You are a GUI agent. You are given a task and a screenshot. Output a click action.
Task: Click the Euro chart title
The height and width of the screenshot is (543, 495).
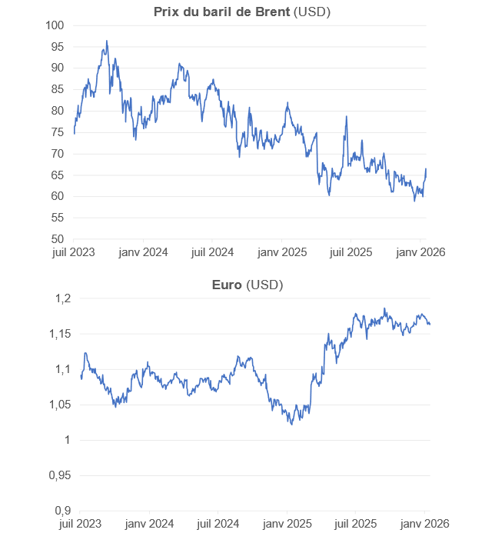(x=228, y=285)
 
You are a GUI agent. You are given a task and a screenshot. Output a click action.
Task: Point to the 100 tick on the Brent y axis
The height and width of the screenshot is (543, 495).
(x=56, y=25)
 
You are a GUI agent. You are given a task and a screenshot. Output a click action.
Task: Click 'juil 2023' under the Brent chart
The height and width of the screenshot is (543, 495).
(x=73, y=252)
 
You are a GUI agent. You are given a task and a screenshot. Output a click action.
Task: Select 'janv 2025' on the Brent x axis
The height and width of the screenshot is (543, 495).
(x=282, y=252)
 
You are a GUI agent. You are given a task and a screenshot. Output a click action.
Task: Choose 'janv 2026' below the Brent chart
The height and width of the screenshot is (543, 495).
(x=421, y=252)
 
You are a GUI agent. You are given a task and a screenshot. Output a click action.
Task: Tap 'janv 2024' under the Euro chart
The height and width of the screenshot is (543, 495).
(x=150, y=524)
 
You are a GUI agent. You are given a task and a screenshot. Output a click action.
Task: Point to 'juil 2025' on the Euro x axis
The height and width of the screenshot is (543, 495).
(x=357, y=524)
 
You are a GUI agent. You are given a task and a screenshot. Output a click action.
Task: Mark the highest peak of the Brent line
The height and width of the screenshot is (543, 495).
(x=106, y=41)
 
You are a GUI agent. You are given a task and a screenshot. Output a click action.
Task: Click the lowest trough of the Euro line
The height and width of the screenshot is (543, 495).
(x=291, y=424)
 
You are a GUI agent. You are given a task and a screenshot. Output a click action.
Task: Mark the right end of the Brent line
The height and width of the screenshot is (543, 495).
(x=426, y=169)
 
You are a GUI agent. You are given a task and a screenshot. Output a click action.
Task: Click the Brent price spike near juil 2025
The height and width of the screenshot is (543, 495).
(x=346, y=116)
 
